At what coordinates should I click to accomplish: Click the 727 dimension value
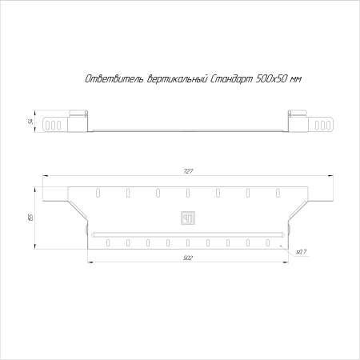(x=188, y=171)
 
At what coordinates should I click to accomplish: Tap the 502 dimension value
(x=188, y=258)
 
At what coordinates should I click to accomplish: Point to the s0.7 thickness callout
(x=301, y=252)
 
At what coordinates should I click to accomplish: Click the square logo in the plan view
(x=188, y=218)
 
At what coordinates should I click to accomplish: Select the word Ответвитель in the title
(x=114, y=79)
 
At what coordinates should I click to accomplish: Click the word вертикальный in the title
(x=177, y=79)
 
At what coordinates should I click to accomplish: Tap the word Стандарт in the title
(x=231, y=79)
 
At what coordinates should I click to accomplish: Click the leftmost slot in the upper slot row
(x=98, y=193)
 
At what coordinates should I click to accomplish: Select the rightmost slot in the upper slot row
(x=278, y=193)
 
